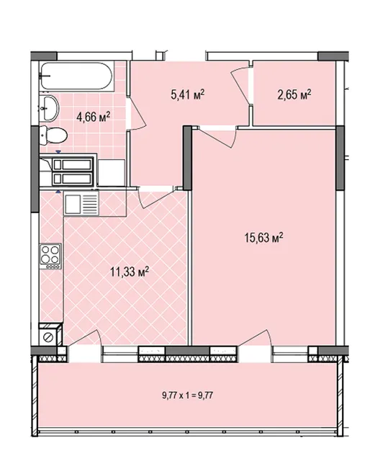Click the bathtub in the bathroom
tap(76, 76)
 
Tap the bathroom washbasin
tap(50, 107)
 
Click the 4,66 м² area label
tap(93, 117)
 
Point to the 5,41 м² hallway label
tap(187, 94)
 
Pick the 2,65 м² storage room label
tap(294, 94)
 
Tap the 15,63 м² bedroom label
tap(263, 237)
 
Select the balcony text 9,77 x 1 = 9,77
tap(187, 395)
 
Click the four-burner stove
tap(51, 256)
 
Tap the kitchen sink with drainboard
tap(81, 204)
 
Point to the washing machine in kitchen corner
tap(50, 334)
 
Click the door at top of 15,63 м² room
tap(217, 137)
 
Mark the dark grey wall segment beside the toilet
tap(35, 169)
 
